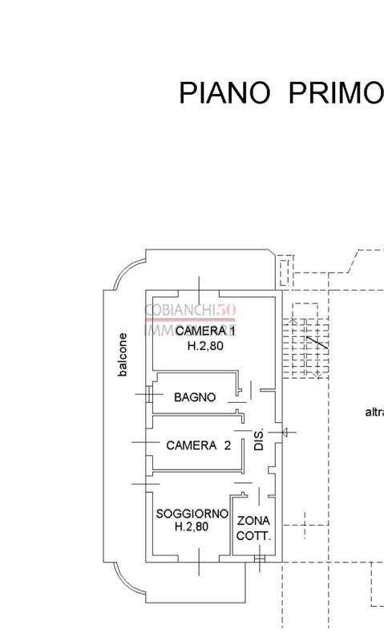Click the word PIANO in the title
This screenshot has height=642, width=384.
pos(224,92)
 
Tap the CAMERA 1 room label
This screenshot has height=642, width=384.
pos(205,331)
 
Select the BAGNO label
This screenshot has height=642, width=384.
pos(194,396)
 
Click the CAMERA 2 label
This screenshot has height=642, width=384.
pos(198,445)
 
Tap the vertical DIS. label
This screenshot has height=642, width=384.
pos(259,441)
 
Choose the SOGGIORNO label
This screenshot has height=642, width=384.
pos(192,514)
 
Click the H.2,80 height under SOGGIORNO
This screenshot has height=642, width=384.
pos(191,527)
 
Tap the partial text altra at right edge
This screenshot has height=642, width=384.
pos(374,412)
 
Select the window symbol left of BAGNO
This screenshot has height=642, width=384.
pos(145,395)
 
